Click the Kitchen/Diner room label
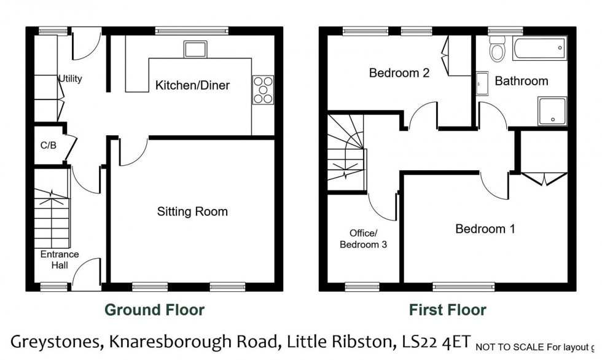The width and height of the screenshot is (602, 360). point(192,85)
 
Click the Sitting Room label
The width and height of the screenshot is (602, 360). point(192,212)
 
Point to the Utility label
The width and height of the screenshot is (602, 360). point(70,79)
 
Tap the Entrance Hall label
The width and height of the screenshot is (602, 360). point(60,259)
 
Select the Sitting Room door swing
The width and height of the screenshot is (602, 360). point(131,152)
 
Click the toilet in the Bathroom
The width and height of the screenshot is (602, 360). point(497,48)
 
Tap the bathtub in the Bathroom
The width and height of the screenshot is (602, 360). point(539,48)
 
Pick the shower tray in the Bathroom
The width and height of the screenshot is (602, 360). point(551,110)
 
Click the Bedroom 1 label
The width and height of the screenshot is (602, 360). point(485,229)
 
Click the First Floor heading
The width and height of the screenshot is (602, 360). point(448,310)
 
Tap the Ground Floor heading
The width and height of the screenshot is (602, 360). point(154,310)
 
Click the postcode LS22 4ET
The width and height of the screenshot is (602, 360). point(436,341)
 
